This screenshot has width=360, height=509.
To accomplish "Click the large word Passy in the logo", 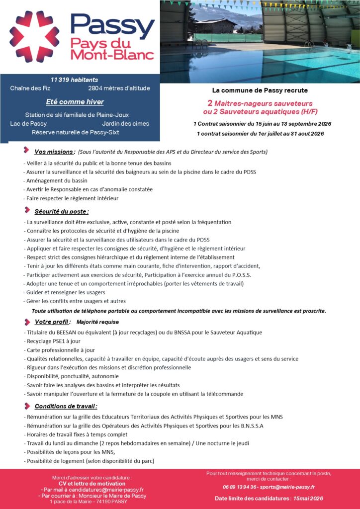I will pyautogui.click(x=112, y=23).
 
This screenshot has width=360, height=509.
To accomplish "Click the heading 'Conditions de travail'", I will pyautogui.click(x=66, y=406).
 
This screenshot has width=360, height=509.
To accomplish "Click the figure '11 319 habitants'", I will pyautogui.click(x=74, y=80).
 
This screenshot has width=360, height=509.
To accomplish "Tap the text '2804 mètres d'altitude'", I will pyautogui.click(x=119, y=88).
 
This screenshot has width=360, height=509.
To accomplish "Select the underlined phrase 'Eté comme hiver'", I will pyautogui.click(x=75, y=102).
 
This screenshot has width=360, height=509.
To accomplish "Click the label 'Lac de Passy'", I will pyautogui.click(x=28, y=123).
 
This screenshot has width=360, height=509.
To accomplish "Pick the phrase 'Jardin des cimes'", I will pyautogui.click(x=125, y=123).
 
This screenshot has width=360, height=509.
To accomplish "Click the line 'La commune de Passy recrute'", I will pyautogui.click(x=260, y=90).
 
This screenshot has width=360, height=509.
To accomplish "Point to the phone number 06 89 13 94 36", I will pyautogui.click(x=240, y=487).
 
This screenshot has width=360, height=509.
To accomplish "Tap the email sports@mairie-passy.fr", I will pyautogui.click(x=287, y=487).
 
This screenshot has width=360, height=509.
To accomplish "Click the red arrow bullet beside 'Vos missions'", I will pyautogui.click(x=26, y=151).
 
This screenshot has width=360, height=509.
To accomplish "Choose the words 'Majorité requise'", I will pyautogui.click(x=98, y=322).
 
